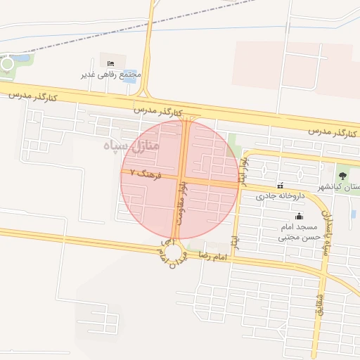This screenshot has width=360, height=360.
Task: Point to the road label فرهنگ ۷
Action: pos(146,174)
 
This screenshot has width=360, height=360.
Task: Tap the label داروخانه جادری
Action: pos(279,196)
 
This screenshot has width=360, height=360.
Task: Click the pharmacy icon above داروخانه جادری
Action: pos(281,186)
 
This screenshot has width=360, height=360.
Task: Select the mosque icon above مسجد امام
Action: pos(300,216)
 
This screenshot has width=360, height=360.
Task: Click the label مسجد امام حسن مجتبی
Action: pos(300,233)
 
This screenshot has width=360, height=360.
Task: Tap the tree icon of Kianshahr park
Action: pos(342,175)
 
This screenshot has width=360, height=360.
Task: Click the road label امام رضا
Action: pos(214,255)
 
